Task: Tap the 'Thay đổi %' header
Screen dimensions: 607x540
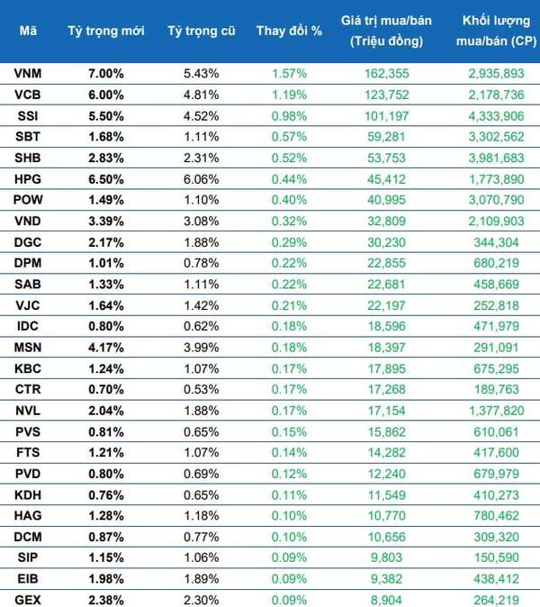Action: click(x=289, y=31)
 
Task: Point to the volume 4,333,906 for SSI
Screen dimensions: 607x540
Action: click(x=498, y=115)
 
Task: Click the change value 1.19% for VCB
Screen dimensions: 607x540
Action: click(x=289, y=95)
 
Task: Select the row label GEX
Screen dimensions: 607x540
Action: click(x=27, y=597)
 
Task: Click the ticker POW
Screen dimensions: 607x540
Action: click(x=27, y=200)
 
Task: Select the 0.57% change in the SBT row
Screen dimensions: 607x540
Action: click(x=289, y=137)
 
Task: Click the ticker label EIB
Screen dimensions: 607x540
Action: click(x=27, y=577)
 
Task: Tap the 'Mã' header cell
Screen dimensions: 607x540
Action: click(x=27, y=31)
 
